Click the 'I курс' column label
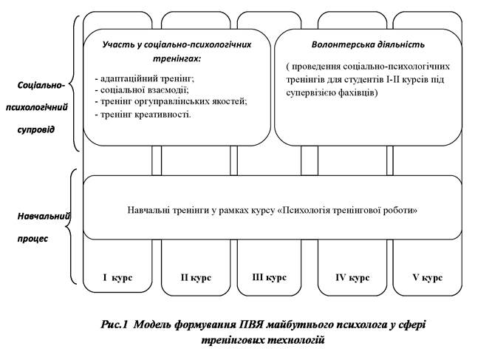click(117, 278)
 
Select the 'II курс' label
click(195, 278)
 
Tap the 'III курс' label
click(270, 278)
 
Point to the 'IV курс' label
click(352, 278)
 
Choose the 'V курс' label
click(428, 278)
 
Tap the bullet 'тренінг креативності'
click(144, 114)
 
